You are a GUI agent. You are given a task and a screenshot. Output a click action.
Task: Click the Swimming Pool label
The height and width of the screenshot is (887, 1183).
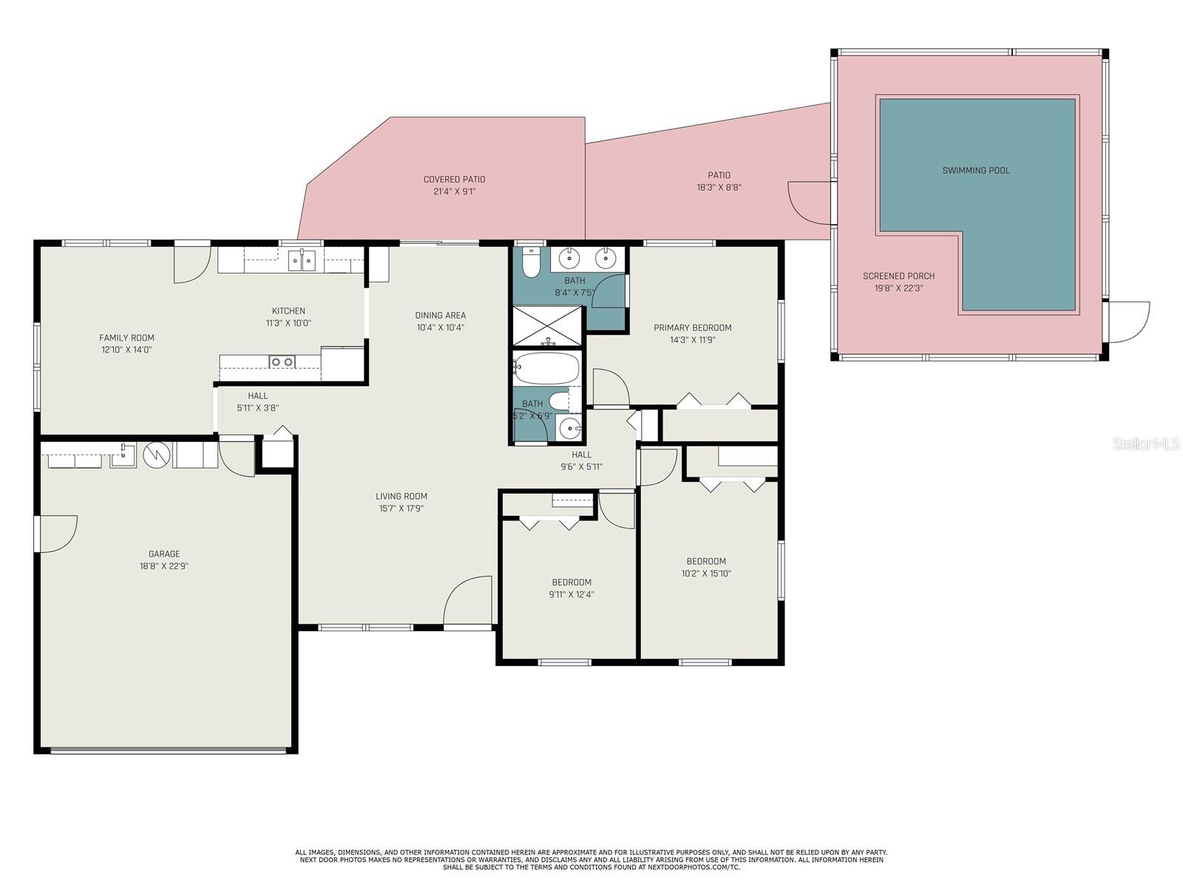976,171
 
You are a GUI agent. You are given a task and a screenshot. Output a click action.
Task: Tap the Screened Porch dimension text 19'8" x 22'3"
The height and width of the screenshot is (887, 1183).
898,288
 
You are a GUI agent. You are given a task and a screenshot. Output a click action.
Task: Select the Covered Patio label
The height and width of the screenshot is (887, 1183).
454,180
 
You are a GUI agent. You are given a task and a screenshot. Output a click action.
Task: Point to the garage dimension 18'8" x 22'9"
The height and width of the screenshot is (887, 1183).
164,566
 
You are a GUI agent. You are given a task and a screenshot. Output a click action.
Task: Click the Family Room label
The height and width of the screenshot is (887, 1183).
126,338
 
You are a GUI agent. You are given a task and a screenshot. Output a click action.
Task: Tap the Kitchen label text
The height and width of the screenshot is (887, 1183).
288,310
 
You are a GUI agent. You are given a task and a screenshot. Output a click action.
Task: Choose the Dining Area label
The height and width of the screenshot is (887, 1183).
441,315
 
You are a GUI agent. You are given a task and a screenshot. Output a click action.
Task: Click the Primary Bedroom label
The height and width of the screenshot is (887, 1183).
693,327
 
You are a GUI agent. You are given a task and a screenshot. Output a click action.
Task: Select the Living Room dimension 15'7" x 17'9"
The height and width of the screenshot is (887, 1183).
401,509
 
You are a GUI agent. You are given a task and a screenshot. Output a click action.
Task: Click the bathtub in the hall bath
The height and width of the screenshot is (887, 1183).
546,367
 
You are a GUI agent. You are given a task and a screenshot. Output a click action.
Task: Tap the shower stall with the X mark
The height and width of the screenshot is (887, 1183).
546,326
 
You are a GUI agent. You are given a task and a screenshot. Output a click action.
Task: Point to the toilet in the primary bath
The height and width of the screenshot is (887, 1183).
531,262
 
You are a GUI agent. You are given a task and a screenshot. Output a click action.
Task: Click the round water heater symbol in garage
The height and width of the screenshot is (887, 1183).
157,455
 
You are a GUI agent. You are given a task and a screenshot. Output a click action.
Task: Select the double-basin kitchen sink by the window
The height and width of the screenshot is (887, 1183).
302,260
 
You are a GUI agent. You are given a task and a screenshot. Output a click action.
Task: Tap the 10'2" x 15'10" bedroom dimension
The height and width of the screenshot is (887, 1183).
706,574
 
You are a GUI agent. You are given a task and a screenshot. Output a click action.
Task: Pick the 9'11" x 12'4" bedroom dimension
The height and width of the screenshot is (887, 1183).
572,594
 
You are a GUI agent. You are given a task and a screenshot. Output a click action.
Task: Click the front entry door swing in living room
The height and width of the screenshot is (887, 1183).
467,599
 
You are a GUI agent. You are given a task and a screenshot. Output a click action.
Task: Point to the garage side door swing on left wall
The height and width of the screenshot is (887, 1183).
58,533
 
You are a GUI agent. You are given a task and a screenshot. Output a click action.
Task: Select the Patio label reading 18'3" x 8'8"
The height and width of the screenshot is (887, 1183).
719,182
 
